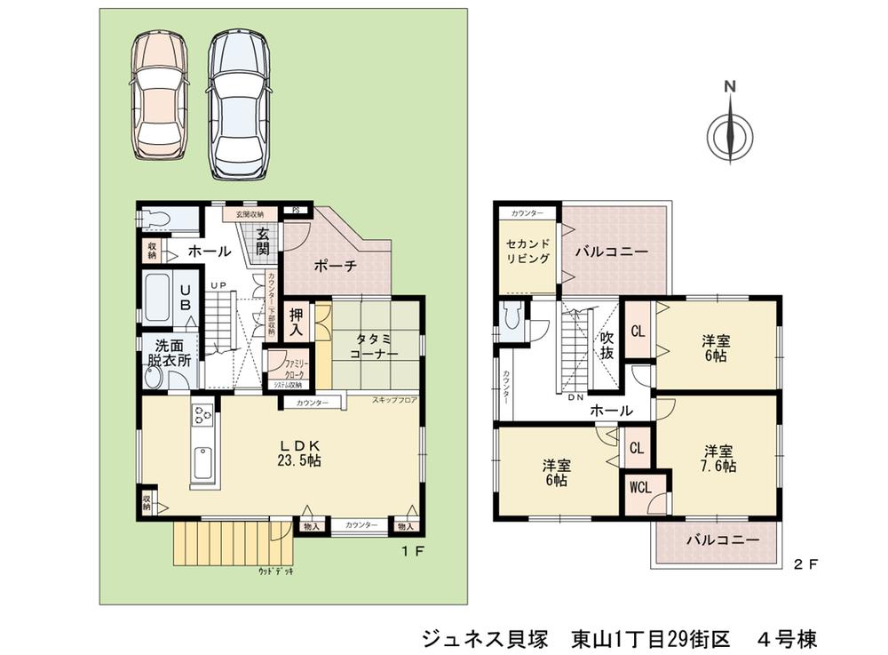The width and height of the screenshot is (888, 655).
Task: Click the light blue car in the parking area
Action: pyautogui.click(x=239, y=102)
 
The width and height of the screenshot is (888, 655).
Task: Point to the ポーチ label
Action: pyautogui.click(x=335, y=265)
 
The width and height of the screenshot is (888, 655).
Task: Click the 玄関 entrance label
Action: pyautogui.click(x=264, y=242)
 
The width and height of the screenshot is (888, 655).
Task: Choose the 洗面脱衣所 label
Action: pyautogui.click(x=169, y=353)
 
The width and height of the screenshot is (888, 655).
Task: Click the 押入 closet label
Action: pyautogui.click(x=299, y=321)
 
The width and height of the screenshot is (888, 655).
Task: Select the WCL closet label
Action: pyautogui.click(x=639, y=488)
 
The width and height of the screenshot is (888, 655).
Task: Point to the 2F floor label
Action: pyautogui.click(x=805, y=563)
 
